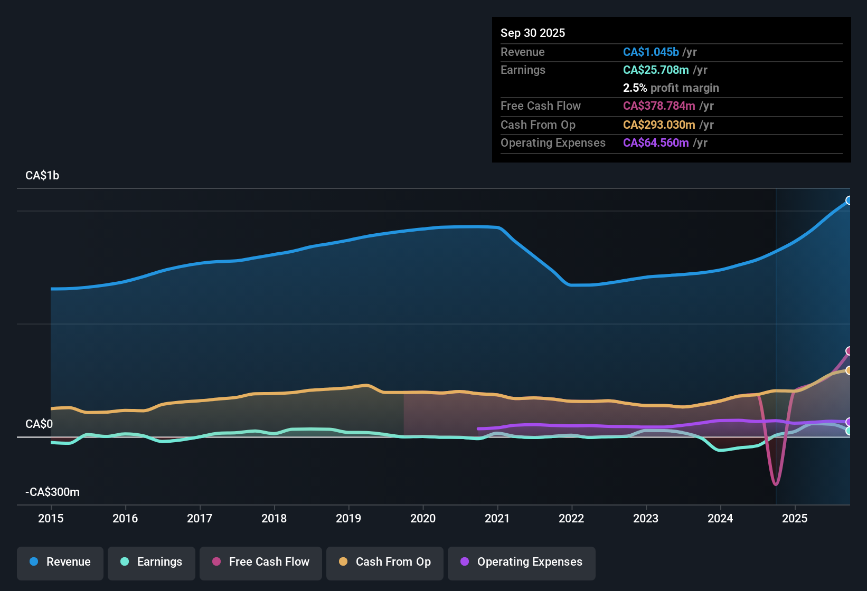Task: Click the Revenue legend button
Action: click(60, 563)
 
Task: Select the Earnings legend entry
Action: click(152, 563)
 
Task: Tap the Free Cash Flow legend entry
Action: click(261, 563)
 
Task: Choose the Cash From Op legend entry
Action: click(385, 563)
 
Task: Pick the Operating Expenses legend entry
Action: click(522, 563)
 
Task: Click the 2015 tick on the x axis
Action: click(51, 518)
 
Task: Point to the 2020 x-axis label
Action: click(423, 518)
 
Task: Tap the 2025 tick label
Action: click(795, 518)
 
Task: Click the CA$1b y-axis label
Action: click(42, 176)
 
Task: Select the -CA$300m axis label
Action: click(53, 492)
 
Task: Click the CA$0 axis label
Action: click(39, 424)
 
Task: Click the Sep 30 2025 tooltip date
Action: click(533, 33)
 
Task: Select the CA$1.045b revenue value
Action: click(651, 52)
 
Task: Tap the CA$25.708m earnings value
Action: click(656, 70)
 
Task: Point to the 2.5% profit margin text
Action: click(671, 88)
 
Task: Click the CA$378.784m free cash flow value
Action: click(659, 106)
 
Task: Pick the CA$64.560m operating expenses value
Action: click(656, 143)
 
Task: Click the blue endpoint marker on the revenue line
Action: click(849, 201)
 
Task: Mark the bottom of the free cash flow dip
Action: click(775, 483)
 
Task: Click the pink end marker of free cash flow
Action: click(849, 351)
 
